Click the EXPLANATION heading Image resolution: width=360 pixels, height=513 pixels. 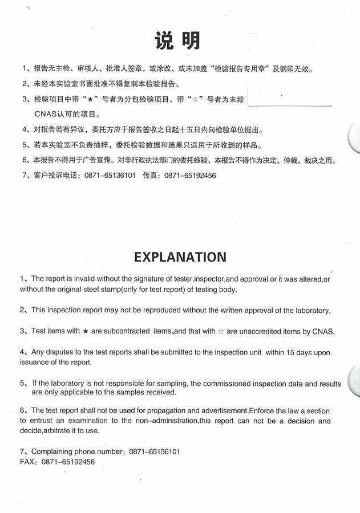click(180, 257)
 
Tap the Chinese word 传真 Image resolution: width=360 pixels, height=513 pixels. click(150, 176)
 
